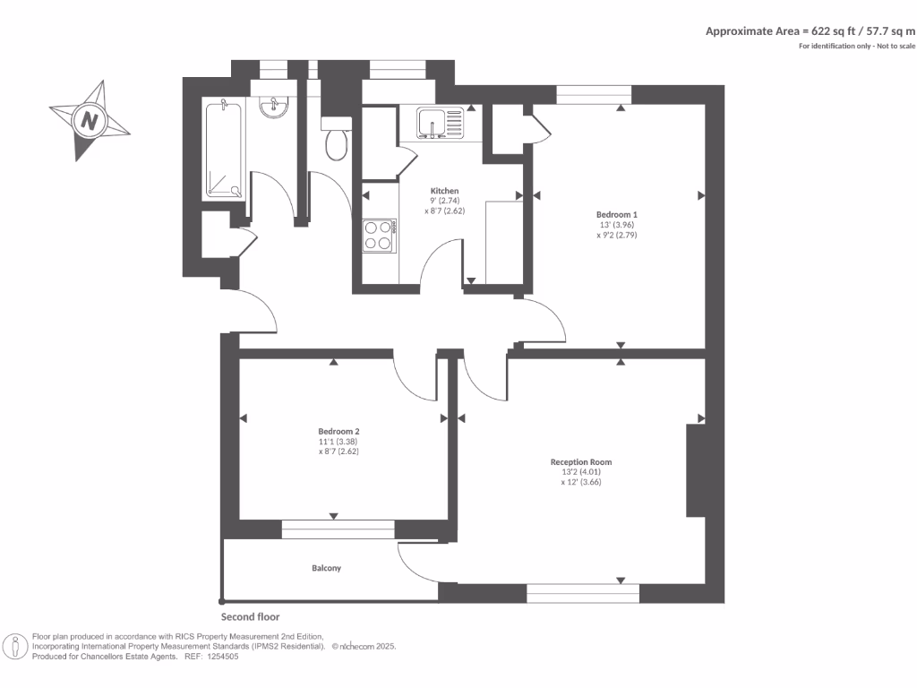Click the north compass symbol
(89, 120)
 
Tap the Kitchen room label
(444, 192)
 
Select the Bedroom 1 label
(616, 215)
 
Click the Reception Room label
(581, 462)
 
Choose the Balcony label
(326, 569)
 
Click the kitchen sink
(440, 123)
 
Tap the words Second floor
(250, 617)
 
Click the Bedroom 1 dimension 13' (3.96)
(616, 225)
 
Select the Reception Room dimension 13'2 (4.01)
(580, 472)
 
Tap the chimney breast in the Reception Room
(696, 470)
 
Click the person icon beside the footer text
(15, 646)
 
